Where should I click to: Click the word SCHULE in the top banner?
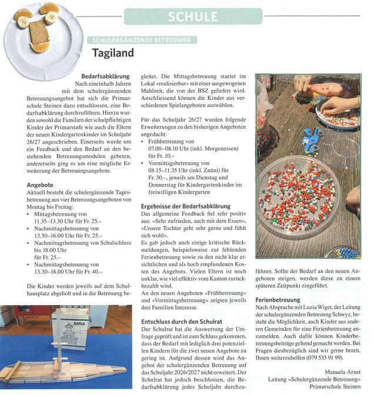pyautogui.click(x=193, y=17)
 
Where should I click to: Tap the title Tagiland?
pyautogui.click(x=113, y=53)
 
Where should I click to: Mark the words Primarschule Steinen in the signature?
pyautogui.click(x=336, y=387)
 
